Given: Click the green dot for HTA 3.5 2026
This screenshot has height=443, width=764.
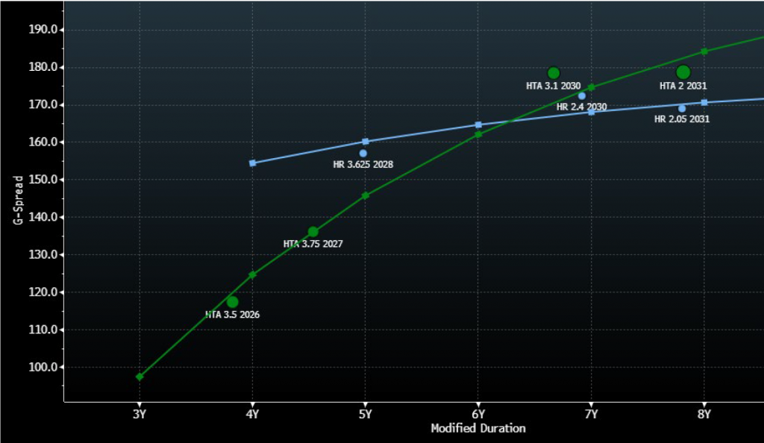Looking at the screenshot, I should (x=232, y=302).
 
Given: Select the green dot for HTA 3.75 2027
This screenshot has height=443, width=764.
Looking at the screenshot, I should (x=313, y=232).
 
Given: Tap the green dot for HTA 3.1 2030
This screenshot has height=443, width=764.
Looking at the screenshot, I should (x=554, y=73).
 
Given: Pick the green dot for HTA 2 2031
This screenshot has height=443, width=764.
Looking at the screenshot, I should (x=683, y=72).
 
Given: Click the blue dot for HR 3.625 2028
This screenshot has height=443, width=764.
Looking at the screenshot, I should (x=363, y=154).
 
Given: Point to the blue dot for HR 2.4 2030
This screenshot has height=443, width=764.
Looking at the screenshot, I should (x=582, y=95).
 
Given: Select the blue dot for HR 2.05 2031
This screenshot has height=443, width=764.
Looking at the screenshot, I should (x=682, y=108).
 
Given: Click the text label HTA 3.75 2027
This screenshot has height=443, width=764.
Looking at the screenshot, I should (x=313, y=244).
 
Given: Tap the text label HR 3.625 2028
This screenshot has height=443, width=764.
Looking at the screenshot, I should (x=363, y=164).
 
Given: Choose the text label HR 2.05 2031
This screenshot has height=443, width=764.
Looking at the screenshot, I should (x=682, y=119).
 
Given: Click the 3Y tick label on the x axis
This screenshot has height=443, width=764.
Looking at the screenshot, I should (x=140, y=414).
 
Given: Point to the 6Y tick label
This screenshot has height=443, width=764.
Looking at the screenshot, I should (x=478, y=414).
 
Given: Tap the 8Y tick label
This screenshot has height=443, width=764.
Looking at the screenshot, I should (x=704, y=414).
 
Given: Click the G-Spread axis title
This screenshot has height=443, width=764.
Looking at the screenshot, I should (x=18, y=199).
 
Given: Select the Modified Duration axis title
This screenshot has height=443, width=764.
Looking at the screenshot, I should (x=477, y=428).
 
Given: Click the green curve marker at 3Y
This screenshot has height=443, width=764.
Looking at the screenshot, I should (x=140, y=377).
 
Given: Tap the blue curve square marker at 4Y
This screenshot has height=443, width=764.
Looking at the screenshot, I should (x=252, y=163).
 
